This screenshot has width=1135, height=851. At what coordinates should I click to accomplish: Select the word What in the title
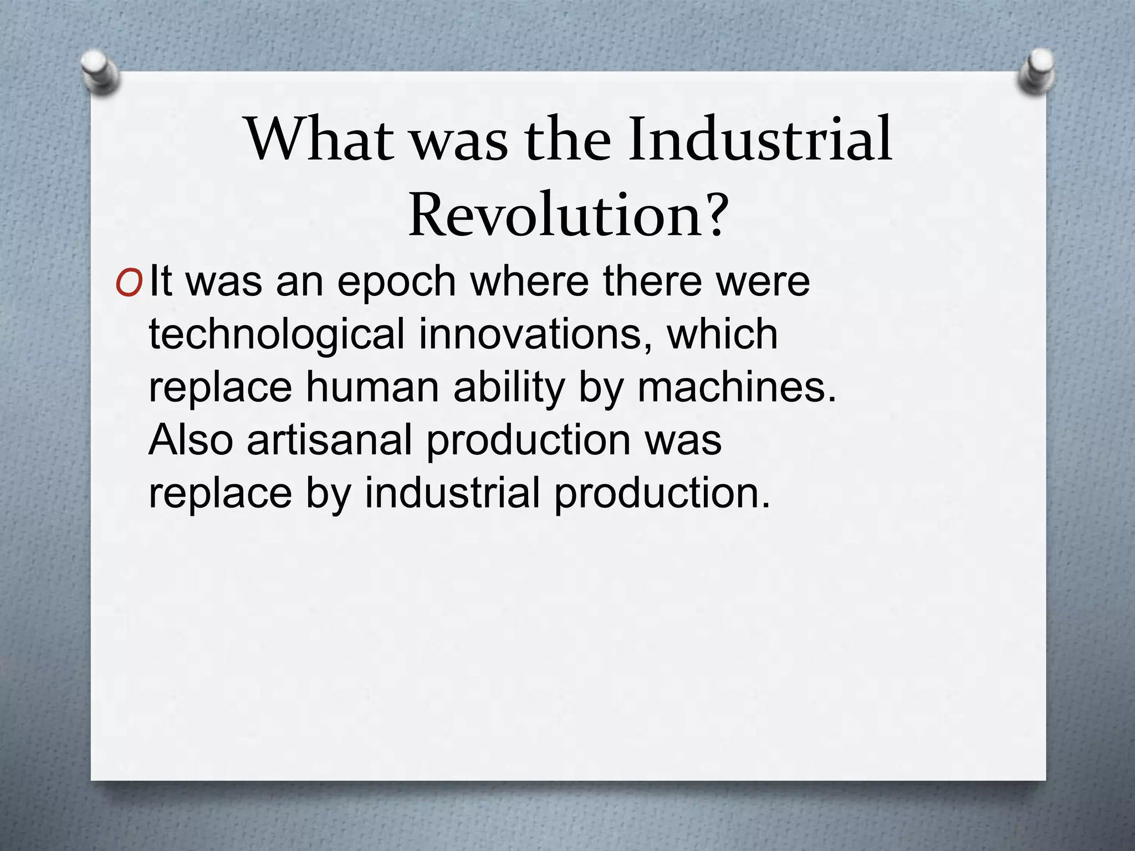321,139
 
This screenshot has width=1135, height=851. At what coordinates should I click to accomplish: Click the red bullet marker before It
130,283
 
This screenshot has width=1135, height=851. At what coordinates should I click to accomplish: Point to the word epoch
396,282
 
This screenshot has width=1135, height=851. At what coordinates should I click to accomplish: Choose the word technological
277,335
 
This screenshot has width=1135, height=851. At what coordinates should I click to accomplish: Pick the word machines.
737,387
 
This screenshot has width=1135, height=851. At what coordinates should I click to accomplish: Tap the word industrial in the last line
452,493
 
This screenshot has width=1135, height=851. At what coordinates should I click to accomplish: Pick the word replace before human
220,388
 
